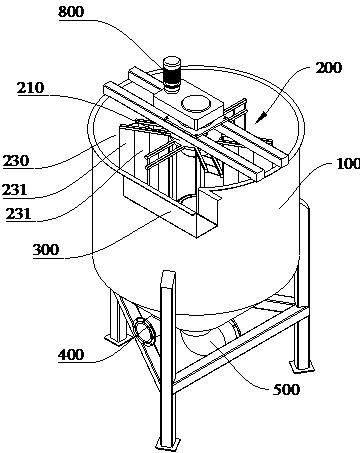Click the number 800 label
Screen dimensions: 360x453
point(71,12)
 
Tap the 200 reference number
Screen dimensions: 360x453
point(329,68)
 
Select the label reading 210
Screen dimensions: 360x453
point(31,88)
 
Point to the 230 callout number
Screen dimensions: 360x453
point(16,161)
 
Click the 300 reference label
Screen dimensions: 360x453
point(46,249)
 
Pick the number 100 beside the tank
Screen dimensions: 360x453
point(348,164)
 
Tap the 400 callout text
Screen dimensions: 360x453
point(71,354)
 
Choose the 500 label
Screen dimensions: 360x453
point(286,389)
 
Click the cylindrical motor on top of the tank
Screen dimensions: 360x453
point(171,75)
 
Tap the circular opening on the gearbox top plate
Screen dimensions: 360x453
point(197,103)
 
